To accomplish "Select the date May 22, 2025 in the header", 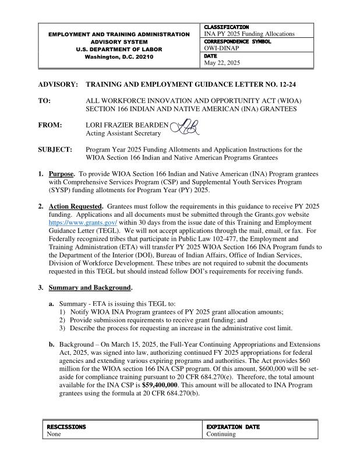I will point(221,62).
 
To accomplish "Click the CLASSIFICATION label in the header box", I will point(227,27).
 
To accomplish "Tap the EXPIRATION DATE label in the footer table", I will point(233,427).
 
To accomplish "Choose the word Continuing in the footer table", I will point(221,435).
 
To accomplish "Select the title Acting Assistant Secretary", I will point(123,133).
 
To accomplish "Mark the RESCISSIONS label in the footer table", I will point(66,427).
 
